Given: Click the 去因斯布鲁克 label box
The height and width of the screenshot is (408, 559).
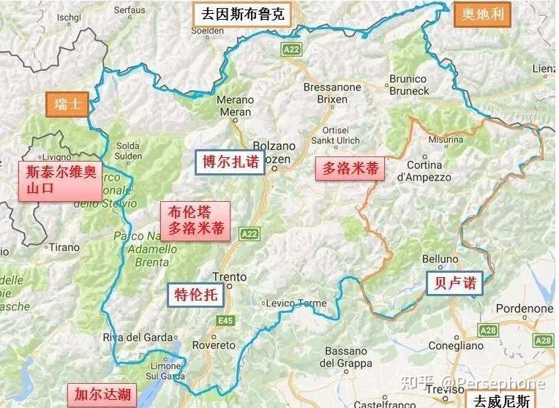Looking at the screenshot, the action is tap(241, 14).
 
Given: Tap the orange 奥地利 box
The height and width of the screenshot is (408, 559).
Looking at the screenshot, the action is tap(483, 14).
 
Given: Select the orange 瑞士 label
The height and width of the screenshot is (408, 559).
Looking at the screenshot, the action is tap(67, 104).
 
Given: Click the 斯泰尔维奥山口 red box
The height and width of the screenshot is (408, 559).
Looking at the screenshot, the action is tap(60, 182).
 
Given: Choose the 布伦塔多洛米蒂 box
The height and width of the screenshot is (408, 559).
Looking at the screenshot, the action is tap(195, 221).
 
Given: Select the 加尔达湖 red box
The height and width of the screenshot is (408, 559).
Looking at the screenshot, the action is tap(99, 395).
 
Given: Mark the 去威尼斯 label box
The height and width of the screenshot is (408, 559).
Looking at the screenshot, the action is tap(501, 401).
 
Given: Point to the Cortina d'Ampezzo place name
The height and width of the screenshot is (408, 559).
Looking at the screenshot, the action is tap(424, 171).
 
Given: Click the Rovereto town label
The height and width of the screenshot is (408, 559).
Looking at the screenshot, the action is tap(214, 345).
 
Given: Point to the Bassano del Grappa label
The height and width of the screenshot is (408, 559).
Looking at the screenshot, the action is tap(346, 357).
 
